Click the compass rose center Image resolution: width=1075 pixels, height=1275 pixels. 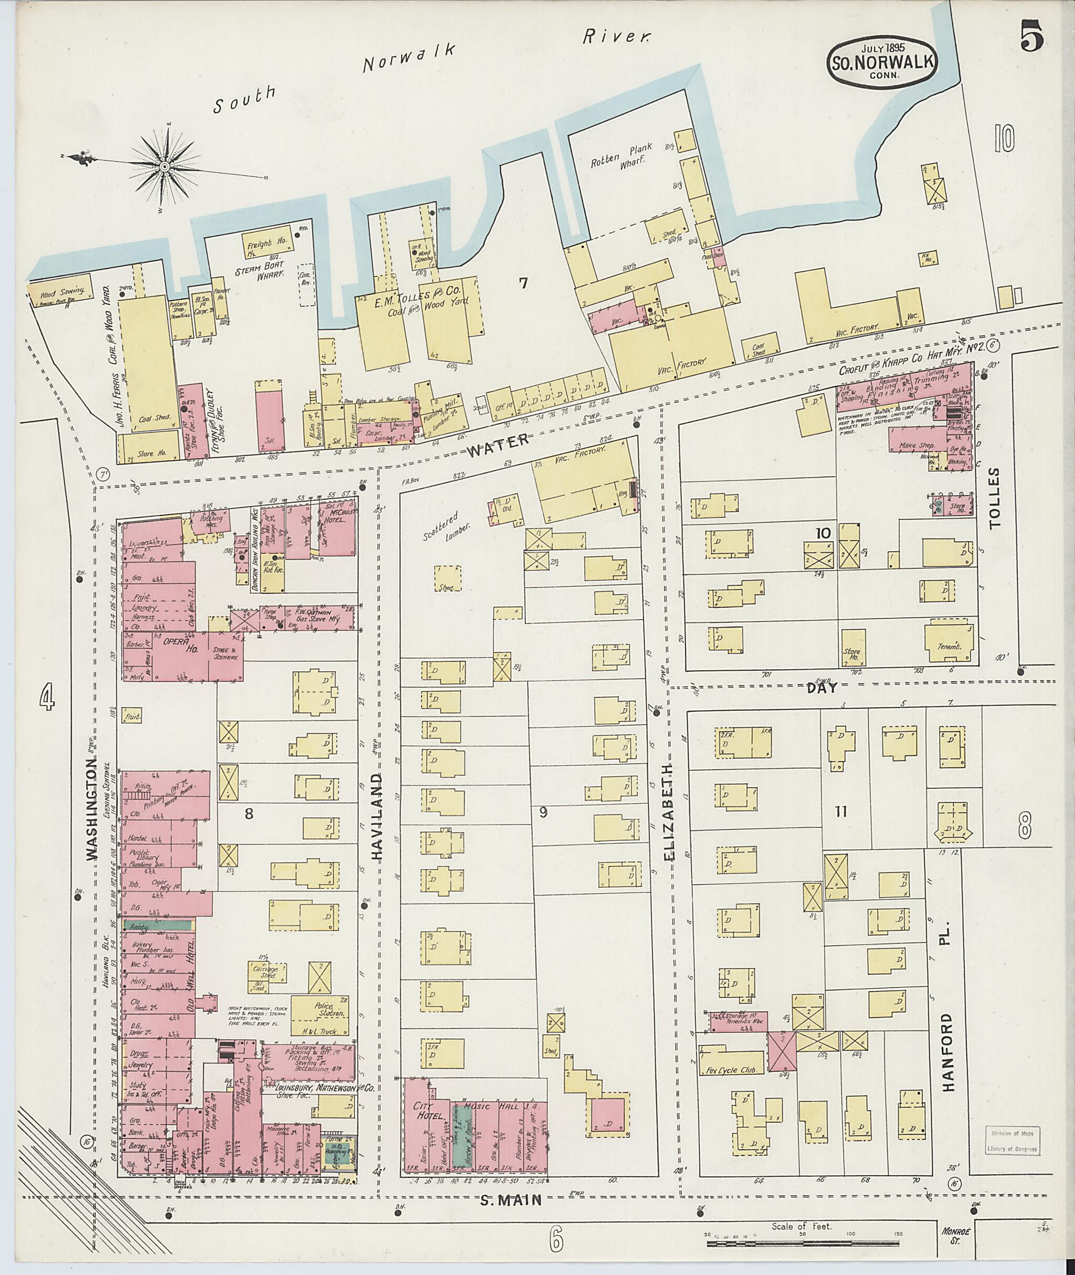pos(165,166)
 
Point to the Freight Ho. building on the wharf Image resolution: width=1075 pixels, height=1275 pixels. pos(268,242)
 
